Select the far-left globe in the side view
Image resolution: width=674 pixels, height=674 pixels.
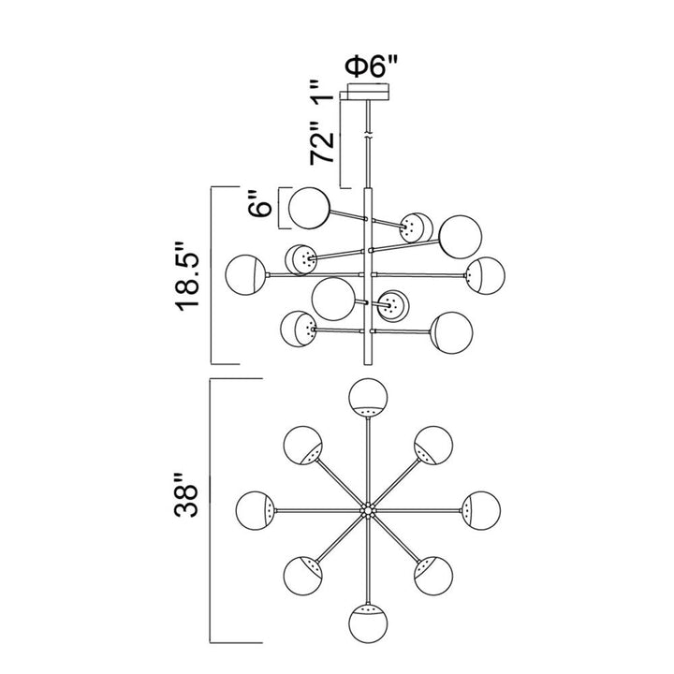(246, 273)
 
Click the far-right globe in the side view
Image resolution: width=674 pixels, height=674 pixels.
(487, 273)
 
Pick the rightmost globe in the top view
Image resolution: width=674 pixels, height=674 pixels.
(480, 509)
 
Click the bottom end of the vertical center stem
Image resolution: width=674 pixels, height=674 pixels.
(368, 361)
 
